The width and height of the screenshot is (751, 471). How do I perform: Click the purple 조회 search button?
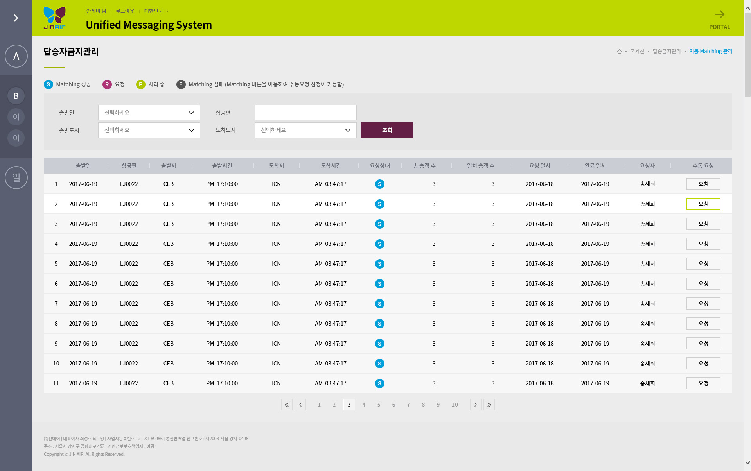[x=387, y=130]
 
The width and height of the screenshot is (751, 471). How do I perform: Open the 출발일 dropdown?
[x=149, y=113]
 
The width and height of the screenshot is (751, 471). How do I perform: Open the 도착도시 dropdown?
[x=305, y=130]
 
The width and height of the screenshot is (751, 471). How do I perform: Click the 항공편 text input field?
[x=305, y=113]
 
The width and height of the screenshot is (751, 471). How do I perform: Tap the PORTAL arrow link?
[x=720, y=20]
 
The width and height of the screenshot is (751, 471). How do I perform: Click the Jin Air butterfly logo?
[x=55, y=18]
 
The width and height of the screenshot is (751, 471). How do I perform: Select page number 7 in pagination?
[x=408, y=405]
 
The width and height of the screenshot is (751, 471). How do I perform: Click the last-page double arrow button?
[x=489, y=405]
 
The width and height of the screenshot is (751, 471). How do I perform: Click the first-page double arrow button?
[x=287, y=405]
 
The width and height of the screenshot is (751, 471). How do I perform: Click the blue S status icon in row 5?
[x=379, y=264]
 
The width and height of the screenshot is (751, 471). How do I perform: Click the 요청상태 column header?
[x=380, y=166]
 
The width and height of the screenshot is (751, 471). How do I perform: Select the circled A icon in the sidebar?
[x=16, y=56]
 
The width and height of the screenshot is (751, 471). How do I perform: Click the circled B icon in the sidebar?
[x=16, y=96]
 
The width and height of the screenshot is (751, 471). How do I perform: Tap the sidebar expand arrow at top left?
[x=16, y=18]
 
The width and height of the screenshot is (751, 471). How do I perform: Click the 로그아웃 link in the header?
[x=125, y=11]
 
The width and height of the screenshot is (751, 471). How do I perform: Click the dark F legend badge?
[x=181, y=84]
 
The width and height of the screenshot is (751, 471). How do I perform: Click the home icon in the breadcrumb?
[x=619, y=51]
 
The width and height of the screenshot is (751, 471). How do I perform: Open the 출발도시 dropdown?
[x=149, y=130]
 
